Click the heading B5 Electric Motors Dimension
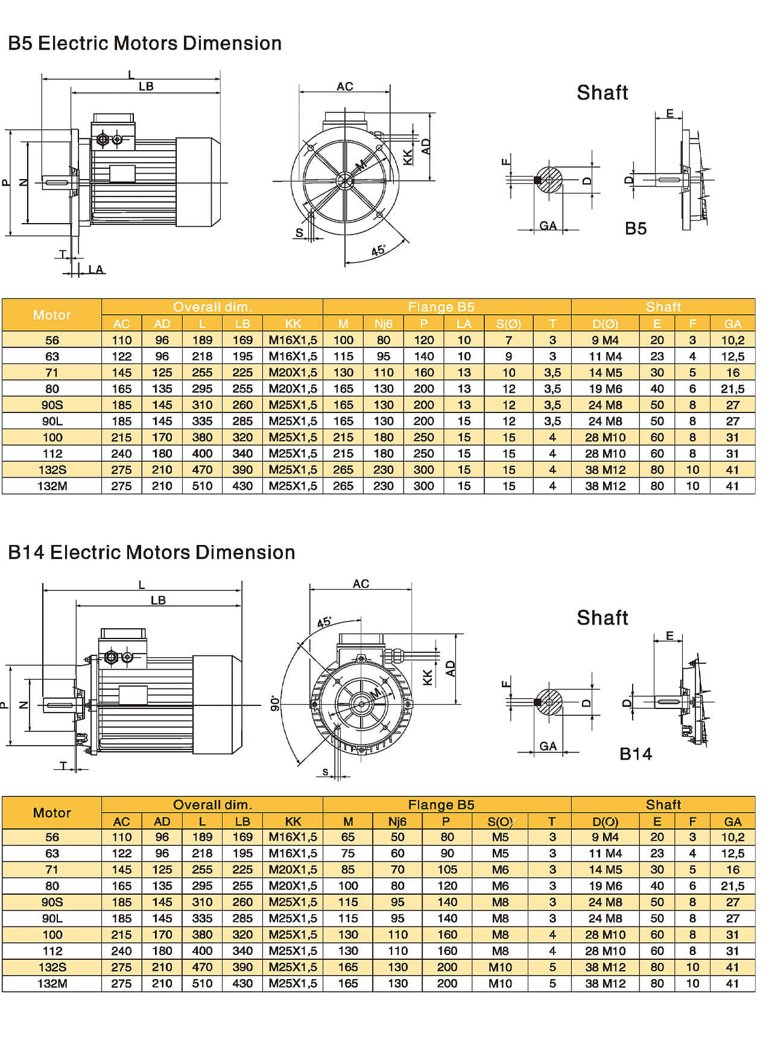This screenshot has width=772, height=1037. (145, 43)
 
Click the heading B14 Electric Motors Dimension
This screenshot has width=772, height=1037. (151, 552)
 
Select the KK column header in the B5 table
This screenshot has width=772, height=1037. (293, 324)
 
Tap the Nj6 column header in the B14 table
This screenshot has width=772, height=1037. (397, 821)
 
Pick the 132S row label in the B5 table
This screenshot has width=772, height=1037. (52, 470)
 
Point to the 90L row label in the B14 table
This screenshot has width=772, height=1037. (52, 918)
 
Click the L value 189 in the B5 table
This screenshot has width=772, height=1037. (202, 340)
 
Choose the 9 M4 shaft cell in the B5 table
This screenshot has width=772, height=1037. (605, 340)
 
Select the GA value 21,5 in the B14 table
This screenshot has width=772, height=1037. (732, 886)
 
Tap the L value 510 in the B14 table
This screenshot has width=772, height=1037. (202, 983)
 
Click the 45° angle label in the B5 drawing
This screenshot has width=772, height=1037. (378, 250)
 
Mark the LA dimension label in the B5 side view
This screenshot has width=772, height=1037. (96, 269)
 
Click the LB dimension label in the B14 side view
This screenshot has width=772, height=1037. (158, 600)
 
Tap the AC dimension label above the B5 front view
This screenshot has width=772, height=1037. (344, 87)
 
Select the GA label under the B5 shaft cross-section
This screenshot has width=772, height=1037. (548, 226)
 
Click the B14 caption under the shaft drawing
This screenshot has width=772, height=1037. (636, 754)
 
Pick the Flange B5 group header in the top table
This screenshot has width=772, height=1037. (441, 307)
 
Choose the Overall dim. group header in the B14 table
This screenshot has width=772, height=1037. (212, 805)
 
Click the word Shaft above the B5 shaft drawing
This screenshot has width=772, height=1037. (602, 93)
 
